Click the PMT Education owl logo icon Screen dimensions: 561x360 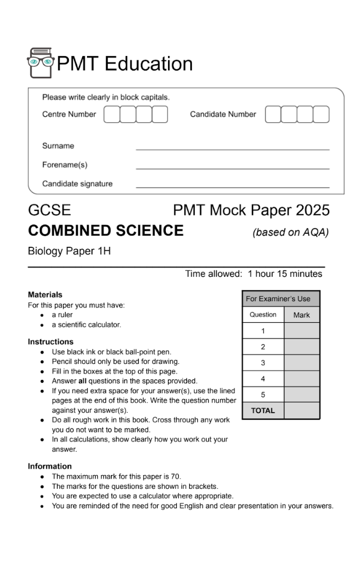[x=40, y=63]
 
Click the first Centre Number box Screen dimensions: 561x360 [x=111, y=115]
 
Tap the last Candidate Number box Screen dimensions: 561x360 [x=321, y=115]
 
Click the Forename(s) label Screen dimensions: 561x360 [x=65, y=165]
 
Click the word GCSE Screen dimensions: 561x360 [x=49, y=210]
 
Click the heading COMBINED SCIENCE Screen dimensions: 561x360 [x=105, y=230]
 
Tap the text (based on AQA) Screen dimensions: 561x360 [x=290, y=232]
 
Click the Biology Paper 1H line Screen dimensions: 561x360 [x=69, y=252]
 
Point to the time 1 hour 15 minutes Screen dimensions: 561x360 [x=285, y=274]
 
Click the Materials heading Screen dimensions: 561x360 [x=45, y=295]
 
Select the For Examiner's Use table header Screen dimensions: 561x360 [x=281, y=298]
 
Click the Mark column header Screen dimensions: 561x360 [x=301, y=315]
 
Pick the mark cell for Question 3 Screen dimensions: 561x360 [x=301, y=363]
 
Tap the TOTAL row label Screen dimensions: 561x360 [x=263, y=410]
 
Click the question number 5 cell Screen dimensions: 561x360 [x=263, y=395]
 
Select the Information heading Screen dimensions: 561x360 [x=50, y=466]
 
